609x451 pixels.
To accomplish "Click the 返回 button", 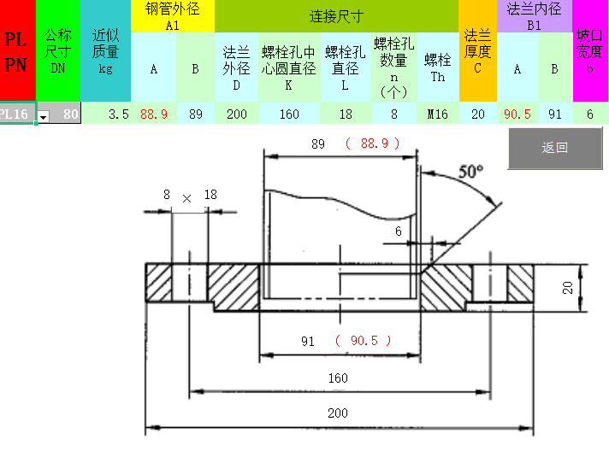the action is click(x=554, y=148).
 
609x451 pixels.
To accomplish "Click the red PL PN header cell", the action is click(x=17, y=51).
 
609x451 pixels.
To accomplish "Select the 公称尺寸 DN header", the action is click(x=57, y=51).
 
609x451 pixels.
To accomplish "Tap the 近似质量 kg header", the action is click(x=105, y=51).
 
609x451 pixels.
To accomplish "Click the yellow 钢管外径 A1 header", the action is click(x=173, y=16).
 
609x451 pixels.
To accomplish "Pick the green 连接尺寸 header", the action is click(x=336, y=16).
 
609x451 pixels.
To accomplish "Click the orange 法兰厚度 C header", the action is click(x=477, y=51).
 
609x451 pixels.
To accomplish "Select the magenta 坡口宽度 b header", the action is click(x=590, y=51).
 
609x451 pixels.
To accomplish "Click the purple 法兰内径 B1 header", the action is click(x=534, y=16).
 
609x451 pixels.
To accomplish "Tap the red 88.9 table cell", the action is click(x=153, y=114).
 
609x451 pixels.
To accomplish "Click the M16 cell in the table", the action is click(x=437, y=114).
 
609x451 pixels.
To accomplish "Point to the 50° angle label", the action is click(x=470, y=171).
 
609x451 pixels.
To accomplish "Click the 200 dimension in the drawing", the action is click(x=338, y=413).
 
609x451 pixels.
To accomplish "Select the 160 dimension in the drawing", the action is click(x=338, y=377).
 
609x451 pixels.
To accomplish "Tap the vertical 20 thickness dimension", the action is click(x=567, y=288).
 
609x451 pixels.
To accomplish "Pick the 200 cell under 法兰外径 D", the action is click(x=236, y=114).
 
